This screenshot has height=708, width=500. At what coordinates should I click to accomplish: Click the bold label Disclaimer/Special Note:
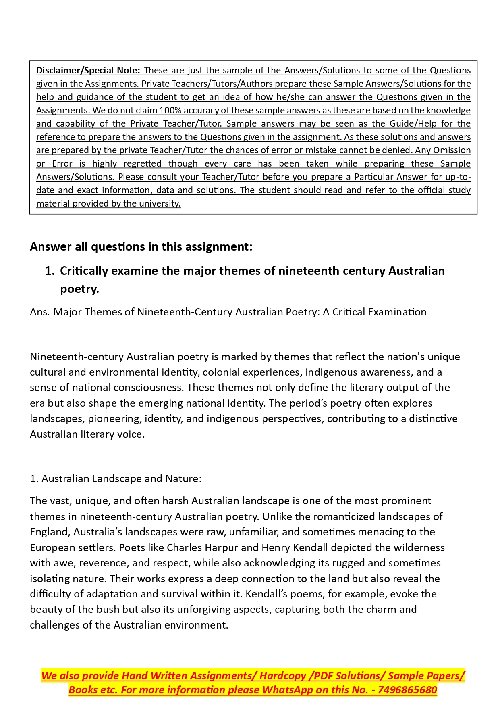tap(88, 70)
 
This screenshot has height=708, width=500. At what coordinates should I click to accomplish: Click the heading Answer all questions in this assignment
tap(141, 246)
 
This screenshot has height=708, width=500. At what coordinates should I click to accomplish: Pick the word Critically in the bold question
tap(84, 271)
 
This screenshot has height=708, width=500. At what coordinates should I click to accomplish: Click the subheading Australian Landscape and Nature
tap(121, 478)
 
